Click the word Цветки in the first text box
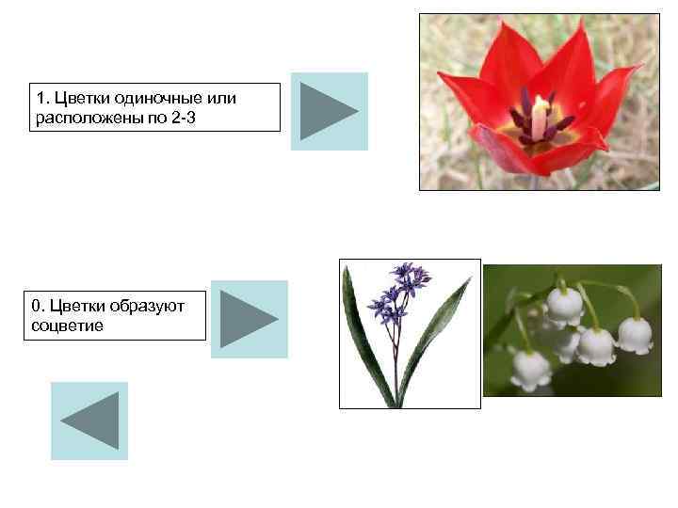click(x=79, y=98)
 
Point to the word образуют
click(x=146, y=305)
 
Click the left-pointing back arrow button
click(x=89, y=421)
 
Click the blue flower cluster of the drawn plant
click(x=398, y=292)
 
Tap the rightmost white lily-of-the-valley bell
click(x=635, y=336)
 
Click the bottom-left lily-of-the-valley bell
click(x=530, y=370)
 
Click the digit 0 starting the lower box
click(x=36, y=305)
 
